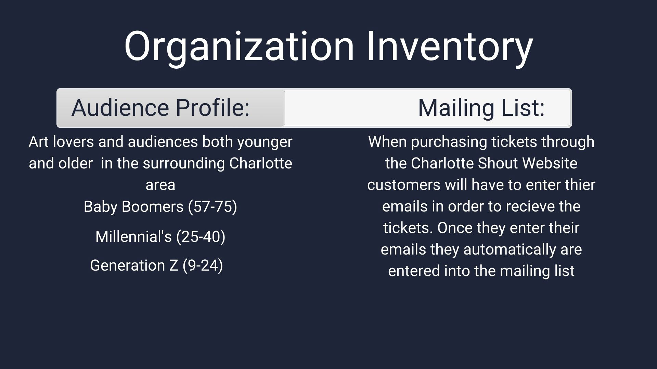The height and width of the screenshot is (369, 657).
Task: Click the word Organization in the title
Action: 239,47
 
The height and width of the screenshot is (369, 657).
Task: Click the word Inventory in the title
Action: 450,47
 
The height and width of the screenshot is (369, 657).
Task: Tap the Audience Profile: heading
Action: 160,108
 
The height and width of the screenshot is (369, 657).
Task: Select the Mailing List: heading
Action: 481,108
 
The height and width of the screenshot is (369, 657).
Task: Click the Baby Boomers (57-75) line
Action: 160,207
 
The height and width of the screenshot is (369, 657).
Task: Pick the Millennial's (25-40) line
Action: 160,237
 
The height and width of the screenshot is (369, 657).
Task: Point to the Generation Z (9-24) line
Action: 156,265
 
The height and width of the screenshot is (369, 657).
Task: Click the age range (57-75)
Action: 212,207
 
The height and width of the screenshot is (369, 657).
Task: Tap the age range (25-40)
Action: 201,237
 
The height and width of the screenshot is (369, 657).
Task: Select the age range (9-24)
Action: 203,265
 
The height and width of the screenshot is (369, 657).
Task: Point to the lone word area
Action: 160,185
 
